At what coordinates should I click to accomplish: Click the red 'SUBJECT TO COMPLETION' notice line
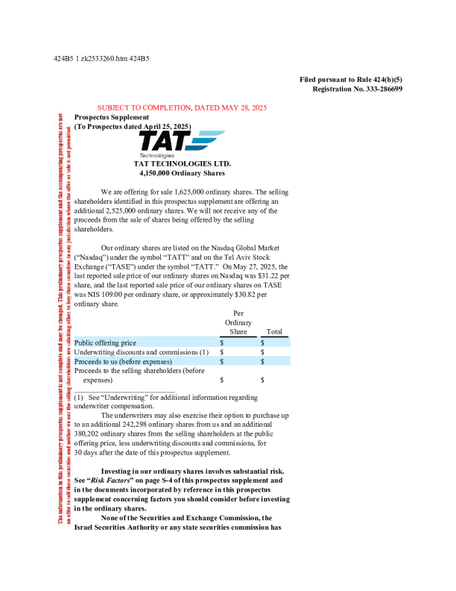pos(182,108)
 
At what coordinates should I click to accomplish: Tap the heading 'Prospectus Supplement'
pos(111,116)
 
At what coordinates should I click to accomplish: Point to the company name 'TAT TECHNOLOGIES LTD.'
pos(182,163)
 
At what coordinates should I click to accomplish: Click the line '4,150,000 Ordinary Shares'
pos(182,172)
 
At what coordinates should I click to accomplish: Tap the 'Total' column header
pos(273,332)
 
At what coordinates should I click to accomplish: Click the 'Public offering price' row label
pos(105,343)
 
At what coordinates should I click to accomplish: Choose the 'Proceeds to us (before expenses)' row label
pos(123,361)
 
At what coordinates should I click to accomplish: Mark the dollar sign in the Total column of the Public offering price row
pos(263,343)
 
